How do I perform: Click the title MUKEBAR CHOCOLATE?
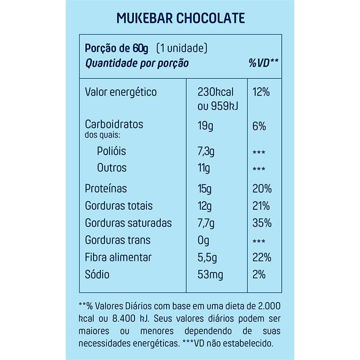pyautogui.click(x=180, y=18)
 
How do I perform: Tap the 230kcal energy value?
pyautogui.click(x=216, y=92)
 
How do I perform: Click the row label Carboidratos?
pyautogui.click(x=114, y=124)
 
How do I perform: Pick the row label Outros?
pyautogui.click(x=112, y=168)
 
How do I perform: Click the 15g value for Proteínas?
pyautogui.click(x=205, y=189)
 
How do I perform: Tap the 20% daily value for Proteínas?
pyautogui.click(x=261, y=189)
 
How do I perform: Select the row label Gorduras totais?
pyautogui.click(x=119, y=206)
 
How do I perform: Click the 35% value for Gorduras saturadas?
pyautogui.click(x=261, y=223)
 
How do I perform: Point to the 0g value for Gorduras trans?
pyautogui.click(x=203, y=240)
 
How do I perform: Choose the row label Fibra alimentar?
pyautogui.click(x=118, y=257)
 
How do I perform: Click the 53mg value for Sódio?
pyautogui.click(x=211, y=274)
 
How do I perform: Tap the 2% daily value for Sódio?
pyautogui.click(x=259, y=274)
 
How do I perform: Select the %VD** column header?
pyautogui.click(x=264, y=63)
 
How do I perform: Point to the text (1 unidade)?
pyautogui.click(x=182, y=48)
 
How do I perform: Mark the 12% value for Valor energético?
pyautogui.click(x=261, y=92)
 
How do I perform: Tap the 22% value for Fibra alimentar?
pyautogui.click(x=261, y=257)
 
